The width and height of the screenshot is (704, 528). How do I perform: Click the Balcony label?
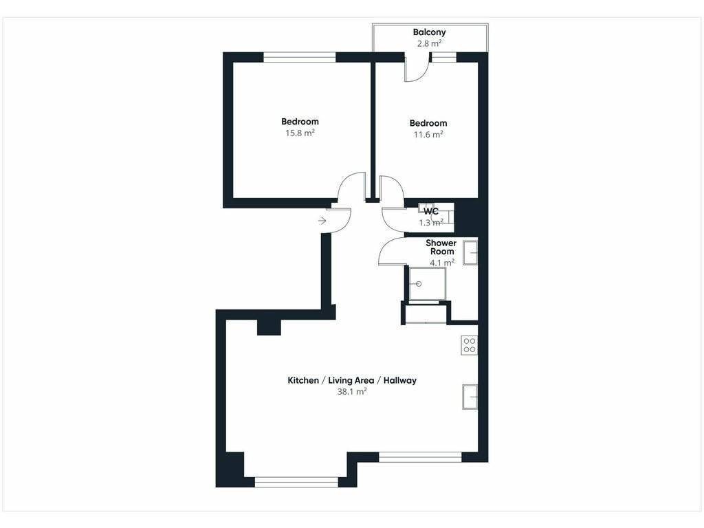point(429,32)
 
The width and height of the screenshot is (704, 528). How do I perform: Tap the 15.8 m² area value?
point(300,133)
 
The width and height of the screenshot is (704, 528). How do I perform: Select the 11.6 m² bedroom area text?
point(428,134)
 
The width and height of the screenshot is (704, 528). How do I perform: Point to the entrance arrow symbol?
point(322,221)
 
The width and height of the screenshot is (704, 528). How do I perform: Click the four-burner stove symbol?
point(469,345)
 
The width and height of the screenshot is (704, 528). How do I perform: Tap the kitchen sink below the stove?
point(470,397)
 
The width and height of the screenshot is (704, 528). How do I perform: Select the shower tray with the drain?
point(428,284)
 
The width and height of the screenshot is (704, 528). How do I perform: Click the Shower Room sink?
point(470,253)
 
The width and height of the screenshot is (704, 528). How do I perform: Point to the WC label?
point(431,212)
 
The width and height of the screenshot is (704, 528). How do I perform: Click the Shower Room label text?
point(441,247)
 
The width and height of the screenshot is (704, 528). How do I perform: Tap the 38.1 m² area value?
point(352,391)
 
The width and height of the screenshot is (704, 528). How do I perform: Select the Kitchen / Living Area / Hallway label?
point(352,380)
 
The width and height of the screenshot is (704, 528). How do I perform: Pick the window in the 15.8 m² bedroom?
point(300,57)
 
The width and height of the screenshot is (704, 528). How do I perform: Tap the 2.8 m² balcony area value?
point(429,43)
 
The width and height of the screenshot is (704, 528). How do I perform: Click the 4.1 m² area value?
point(442,263)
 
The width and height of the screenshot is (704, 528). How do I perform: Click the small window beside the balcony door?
point(444,57)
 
